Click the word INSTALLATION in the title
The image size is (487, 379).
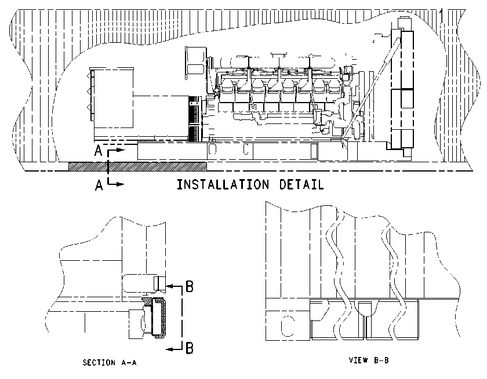223,184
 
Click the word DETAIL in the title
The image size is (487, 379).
301,184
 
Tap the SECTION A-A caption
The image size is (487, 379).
110,362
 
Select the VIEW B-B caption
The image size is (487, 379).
369,360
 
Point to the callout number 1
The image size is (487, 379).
441,16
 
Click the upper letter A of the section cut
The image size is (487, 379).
98,151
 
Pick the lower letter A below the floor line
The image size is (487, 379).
99,185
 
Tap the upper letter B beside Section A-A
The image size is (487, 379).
190,286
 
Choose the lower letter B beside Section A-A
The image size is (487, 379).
190,348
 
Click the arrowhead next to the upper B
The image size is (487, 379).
169,285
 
